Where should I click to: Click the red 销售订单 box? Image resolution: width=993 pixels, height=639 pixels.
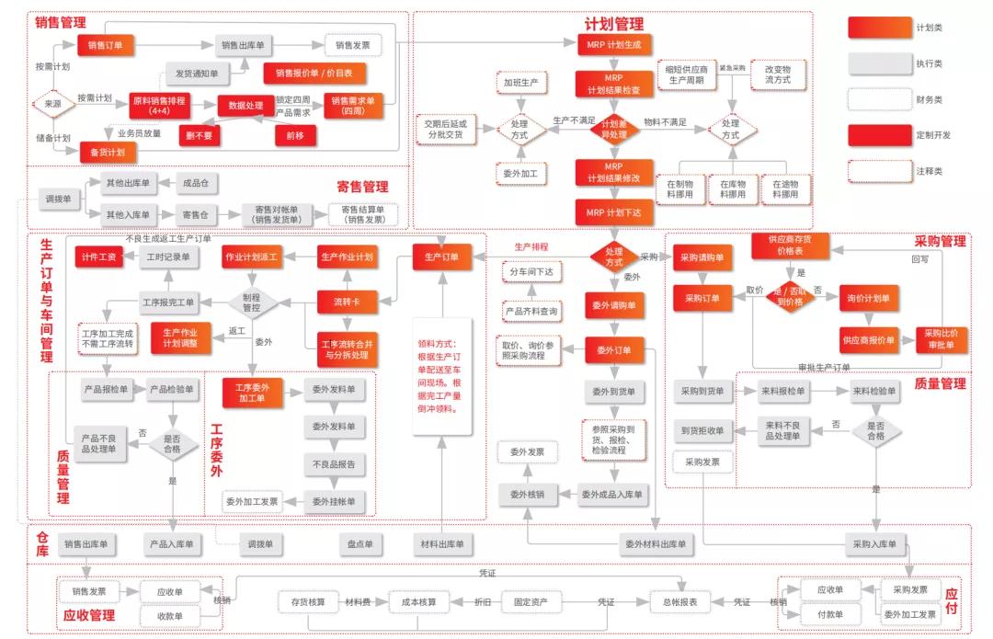pos(106,44)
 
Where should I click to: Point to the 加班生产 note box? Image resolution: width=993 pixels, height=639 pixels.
pos(519,82)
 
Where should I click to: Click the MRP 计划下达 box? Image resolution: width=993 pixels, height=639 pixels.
pos(615,211)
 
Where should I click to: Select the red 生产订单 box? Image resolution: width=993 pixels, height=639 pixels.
pos(448,257)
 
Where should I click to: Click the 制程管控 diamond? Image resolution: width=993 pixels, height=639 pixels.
pos(251,301)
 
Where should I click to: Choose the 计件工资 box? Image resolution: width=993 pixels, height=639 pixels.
pos(98,257)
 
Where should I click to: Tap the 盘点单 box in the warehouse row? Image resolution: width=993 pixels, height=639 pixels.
pos(360,544)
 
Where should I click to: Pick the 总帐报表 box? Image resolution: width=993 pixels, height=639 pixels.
pos(679,602)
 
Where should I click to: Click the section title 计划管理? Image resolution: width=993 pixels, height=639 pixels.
pos(614,24)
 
